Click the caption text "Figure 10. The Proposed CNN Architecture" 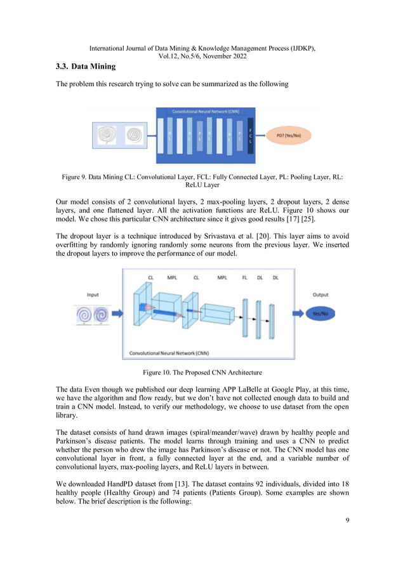pos(202,372)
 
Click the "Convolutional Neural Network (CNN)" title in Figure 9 pos(201,111)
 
